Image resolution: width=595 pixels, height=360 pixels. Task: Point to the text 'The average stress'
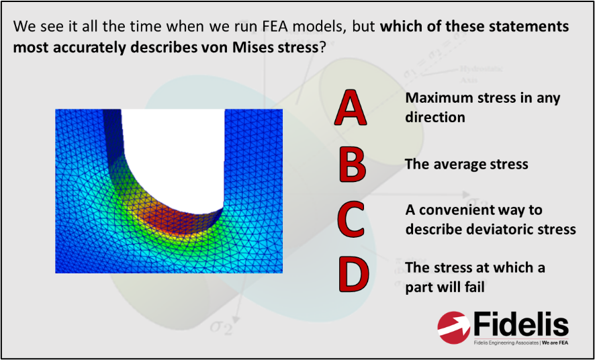tap(466, 164)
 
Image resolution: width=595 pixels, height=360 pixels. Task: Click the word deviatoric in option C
tap(492, 229)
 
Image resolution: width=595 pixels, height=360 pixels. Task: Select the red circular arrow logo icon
tap(455, 327)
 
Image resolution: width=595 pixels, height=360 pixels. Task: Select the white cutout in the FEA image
tap(171, 148)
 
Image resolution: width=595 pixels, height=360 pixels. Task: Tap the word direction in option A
tap(434, 117)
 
